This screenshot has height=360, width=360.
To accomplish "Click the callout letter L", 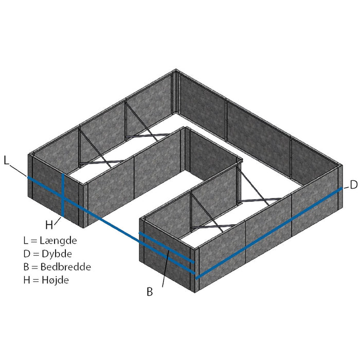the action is click(x=6, y=160).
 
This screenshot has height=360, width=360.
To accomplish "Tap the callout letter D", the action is click(x=354, y=185).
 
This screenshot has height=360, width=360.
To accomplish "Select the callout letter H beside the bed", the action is click(x=49, y=225).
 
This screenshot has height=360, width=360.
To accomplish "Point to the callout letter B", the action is click(x=150, y=292).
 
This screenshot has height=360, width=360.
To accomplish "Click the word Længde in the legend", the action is click(x=58, y=240).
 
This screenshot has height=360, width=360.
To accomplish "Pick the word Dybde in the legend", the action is click(x=57, y=254).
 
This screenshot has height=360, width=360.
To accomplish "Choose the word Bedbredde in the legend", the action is click(x=66, y=266).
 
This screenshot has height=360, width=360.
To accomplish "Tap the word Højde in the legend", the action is click(x=55, y=280).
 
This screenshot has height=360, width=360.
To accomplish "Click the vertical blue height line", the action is click(x=63, y=195).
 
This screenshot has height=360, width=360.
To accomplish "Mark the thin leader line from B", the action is click(x=166, y=268).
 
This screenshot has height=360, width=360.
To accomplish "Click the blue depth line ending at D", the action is click(x=269, y=233).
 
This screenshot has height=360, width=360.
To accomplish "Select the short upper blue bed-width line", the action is click(x=167, y=247).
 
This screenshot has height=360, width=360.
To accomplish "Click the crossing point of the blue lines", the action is click(x=63, y=199).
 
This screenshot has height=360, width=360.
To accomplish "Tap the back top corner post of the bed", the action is click(x=176, y=92).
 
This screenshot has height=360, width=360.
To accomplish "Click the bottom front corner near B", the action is click(x=195, y=292).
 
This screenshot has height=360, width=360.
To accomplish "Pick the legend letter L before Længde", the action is click(x=26, y=240).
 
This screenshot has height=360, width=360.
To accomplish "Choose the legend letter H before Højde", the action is click(x=27, y=280).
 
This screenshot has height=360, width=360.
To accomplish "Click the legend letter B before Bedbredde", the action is click(x=26, y=267).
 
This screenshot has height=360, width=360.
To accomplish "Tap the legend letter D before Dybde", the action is click(x=27, y=254).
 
